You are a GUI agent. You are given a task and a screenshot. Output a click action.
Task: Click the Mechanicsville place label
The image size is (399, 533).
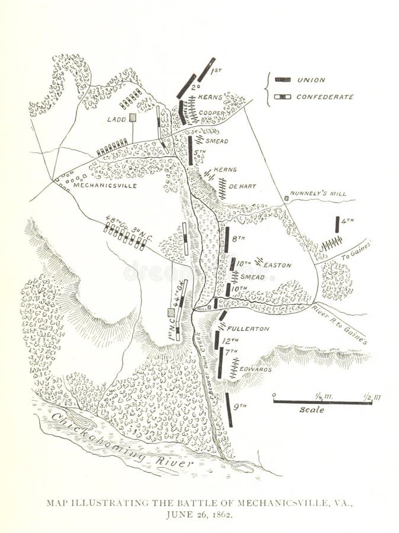(x=105, y=185)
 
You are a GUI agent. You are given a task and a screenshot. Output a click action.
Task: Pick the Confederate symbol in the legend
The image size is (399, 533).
(x=283, y=97)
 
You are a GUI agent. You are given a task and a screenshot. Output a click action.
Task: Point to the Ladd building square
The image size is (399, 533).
(x=133, y=118)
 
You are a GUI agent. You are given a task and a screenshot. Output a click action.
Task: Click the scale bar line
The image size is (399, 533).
(x=322, y=402)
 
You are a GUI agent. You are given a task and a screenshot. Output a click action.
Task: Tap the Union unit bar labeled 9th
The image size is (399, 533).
(x=229, y=409)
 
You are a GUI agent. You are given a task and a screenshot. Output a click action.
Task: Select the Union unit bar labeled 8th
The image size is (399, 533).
(x=226, y=239)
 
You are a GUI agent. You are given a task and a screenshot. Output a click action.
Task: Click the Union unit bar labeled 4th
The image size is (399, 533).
(x=337, y=224)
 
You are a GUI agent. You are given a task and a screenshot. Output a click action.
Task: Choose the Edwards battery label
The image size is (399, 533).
(x=256, y=369)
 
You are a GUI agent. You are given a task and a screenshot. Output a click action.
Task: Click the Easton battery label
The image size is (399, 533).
(x=278, y=265)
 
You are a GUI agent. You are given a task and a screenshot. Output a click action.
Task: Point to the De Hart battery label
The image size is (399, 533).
(x=242, y=186)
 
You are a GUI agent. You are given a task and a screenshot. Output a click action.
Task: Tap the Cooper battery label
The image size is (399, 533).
(x=211, y=113)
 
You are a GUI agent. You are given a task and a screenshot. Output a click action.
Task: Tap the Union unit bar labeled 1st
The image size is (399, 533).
(x=206, y=69)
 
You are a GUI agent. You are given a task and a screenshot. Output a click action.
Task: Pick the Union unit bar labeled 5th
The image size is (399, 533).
(x=190, y=149)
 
